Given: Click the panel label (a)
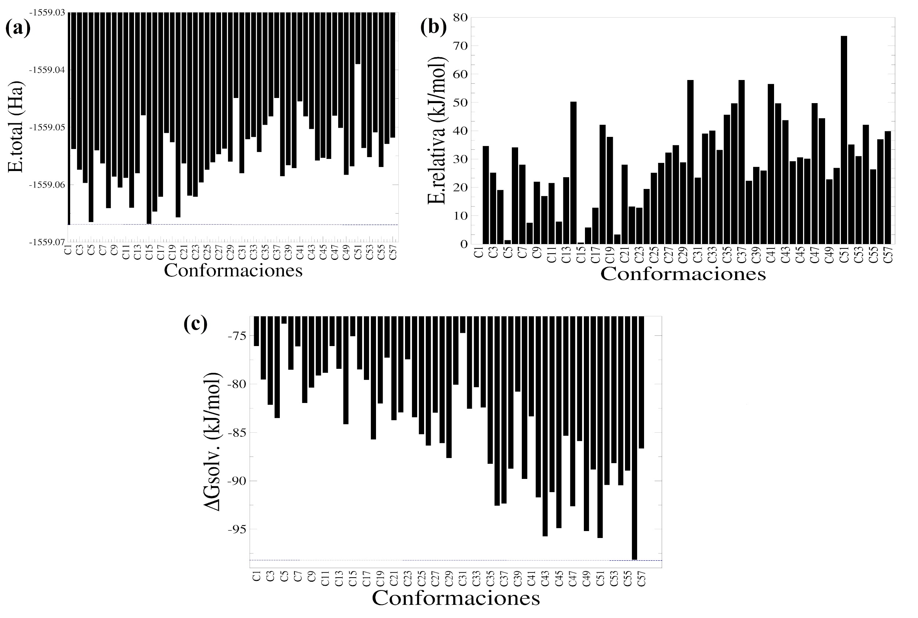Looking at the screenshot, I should (18, 28).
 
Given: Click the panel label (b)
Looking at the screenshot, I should (433, 27).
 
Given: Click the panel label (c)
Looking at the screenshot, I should (195, 324).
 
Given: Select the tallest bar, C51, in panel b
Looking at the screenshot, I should (843, 140).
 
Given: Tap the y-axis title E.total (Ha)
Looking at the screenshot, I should (16, 127).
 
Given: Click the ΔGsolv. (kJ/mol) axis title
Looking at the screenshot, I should (213, 441).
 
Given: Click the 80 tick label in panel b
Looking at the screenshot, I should (460, 17).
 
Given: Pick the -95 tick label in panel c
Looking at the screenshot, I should (236, 529).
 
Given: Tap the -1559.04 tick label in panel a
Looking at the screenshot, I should (47, 70).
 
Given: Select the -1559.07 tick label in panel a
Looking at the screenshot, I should (47, 241).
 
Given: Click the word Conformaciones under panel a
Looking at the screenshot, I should (233, 270).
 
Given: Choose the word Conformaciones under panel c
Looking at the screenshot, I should (455, 598).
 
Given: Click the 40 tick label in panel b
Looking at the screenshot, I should (460, 131).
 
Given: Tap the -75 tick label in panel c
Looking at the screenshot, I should (236, 335).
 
